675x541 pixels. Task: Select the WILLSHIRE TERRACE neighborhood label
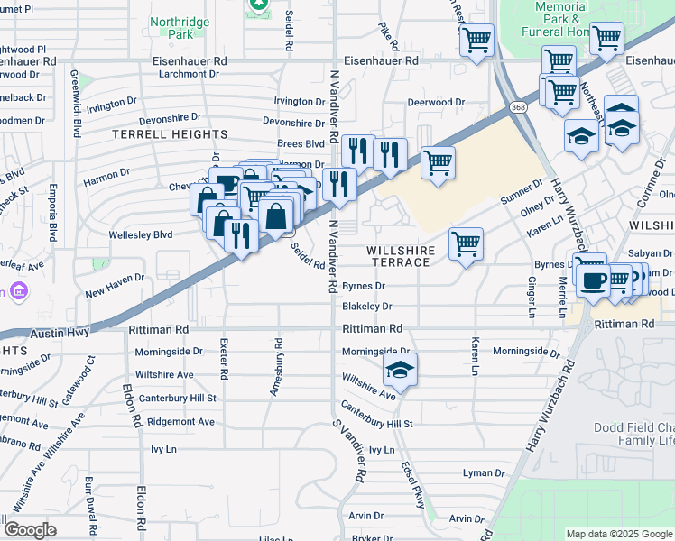coord(402,255)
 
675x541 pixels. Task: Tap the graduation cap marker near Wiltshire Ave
coord(400,370)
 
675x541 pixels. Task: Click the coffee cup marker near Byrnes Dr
coord(592,280)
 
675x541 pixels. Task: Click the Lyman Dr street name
coord(484,472)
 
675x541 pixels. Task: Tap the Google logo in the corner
coord(30,529)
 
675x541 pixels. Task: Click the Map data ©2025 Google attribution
coord(618,534)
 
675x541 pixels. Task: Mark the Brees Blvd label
coord(301,143)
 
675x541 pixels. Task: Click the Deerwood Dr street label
coord(436,103)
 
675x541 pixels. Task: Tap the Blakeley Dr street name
coord(366,307)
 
